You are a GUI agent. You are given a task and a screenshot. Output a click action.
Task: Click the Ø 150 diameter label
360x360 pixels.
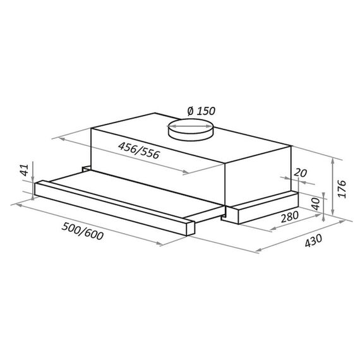point(201,111)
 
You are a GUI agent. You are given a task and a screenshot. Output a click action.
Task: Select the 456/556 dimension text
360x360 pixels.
point(139,150)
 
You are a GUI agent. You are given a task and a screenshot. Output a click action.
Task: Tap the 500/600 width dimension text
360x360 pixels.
point(83,231)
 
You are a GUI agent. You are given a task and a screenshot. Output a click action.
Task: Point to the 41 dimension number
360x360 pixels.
point(25,170)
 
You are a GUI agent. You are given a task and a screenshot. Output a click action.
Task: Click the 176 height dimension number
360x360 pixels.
point(342,189)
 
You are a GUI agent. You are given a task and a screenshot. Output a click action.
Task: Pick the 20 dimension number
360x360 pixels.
point(300,173)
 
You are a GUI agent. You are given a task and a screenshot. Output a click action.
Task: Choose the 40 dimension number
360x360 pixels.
point(316,203)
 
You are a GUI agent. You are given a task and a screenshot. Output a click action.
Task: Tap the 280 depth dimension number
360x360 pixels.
point(290,217)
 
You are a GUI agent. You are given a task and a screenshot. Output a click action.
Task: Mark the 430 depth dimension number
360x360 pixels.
point(313,241)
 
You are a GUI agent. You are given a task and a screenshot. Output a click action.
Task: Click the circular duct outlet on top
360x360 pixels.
point(190,129)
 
